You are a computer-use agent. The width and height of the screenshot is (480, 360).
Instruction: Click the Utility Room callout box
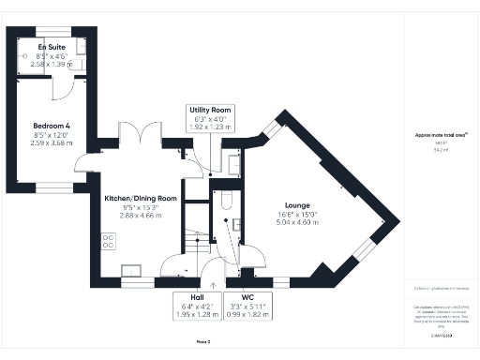[x=209, y=116]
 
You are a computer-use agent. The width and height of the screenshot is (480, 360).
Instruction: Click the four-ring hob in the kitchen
[x=109, y=240]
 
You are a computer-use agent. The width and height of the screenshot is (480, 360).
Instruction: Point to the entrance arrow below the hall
[x=214, y=282]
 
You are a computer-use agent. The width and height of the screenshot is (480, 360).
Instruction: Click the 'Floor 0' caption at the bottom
[x=202, y=343]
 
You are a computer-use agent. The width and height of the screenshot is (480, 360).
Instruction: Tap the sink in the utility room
[x=234, y=163]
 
